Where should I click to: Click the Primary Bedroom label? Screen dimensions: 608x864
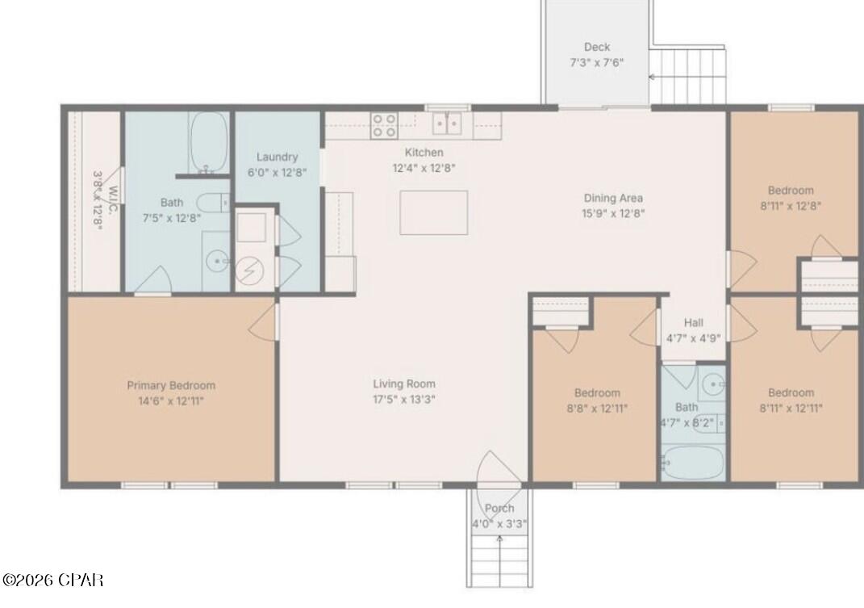170,385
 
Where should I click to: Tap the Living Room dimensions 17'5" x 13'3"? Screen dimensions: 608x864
404,399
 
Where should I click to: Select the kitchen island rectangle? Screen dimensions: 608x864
433,212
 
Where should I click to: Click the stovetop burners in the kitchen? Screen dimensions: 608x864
383,125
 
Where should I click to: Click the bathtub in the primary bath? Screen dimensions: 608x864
209,143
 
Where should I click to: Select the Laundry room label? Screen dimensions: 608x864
277,157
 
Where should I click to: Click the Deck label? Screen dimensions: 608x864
597,47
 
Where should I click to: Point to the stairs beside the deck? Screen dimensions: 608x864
688,76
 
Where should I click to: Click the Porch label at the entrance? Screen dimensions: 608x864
499,508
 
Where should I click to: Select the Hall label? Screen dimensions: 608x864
693,322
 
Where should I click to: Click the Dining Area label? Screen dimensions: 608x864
613,197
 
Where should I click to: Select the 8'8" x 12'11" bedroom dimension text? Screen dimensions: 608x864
597,409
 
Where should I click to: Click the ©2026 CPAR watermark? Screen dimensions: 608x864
52,580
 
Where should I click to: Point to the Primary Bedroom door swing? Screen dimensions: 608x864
262,317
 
